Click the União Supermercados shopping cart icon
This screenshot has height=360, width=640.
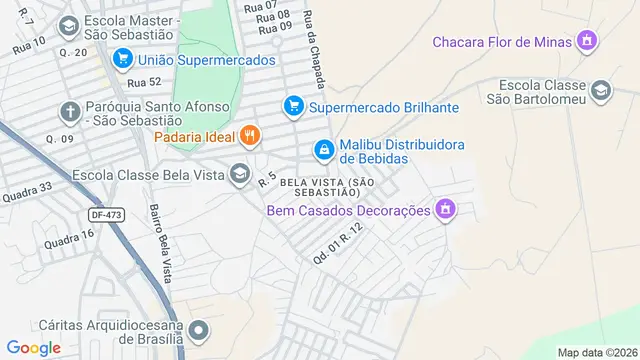pos(123,60)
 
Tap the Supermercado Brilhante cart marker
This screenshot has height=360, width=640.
pos(293,105)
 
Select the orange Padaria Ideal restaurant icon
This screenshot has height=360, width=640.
pos(249,135)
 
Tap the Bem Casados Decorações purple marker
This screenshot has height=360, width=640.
pos(446,210)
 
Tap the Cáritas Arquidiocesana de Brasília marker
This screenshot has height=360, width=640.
pos(199,330)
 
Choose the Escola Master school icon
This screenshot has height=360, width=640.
pos(69,25)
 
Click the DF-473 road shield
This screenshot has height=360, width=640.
pos(106,214)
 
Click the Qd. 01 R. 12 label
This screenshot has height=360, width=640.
pos(336,243)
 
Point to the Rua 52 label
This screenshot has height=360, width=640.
pos(144,82)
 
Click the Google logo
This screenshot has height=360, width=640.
pos(34,347)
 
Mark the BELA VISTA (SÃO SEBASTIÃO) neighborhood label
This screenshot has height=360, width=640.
pos(327,186)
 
